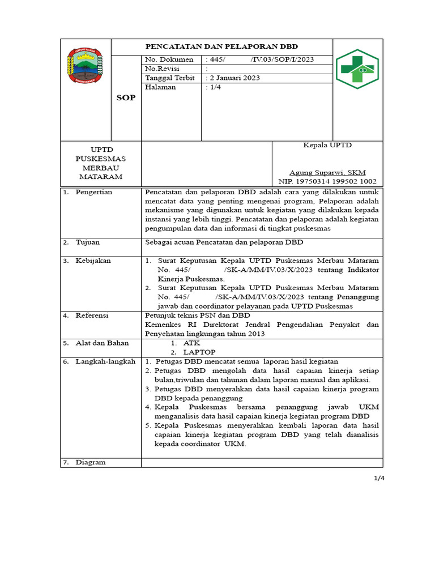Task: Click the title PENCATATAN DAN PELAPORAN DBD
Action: pos(221,46)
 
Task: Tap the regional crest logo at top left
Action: pos(86,67)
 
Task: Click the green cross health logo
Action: pos(357,69)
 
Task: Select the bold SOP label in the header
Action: pos(126,97)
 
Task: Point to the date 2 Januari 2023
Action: pos(234,78)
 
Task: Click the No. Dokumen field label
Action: pos(169,59)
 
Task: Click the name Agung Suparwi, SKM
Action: pos(327,173)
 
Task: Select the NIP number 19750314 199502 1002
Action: pos(327,182)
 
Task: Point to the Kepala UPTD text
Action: pos(327,146)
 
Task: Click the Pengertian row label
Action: pos(94,192)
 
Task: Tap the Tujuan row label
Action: pos(88,242)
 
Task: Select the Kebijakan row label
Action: pos(93,261)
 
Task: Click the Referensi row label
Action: pos(92,315)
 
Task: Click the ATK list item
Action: pos(191,343)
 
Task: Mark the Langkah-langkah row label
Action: pos(105,361)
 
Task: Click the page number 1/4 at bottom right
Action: pos(379,478)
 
